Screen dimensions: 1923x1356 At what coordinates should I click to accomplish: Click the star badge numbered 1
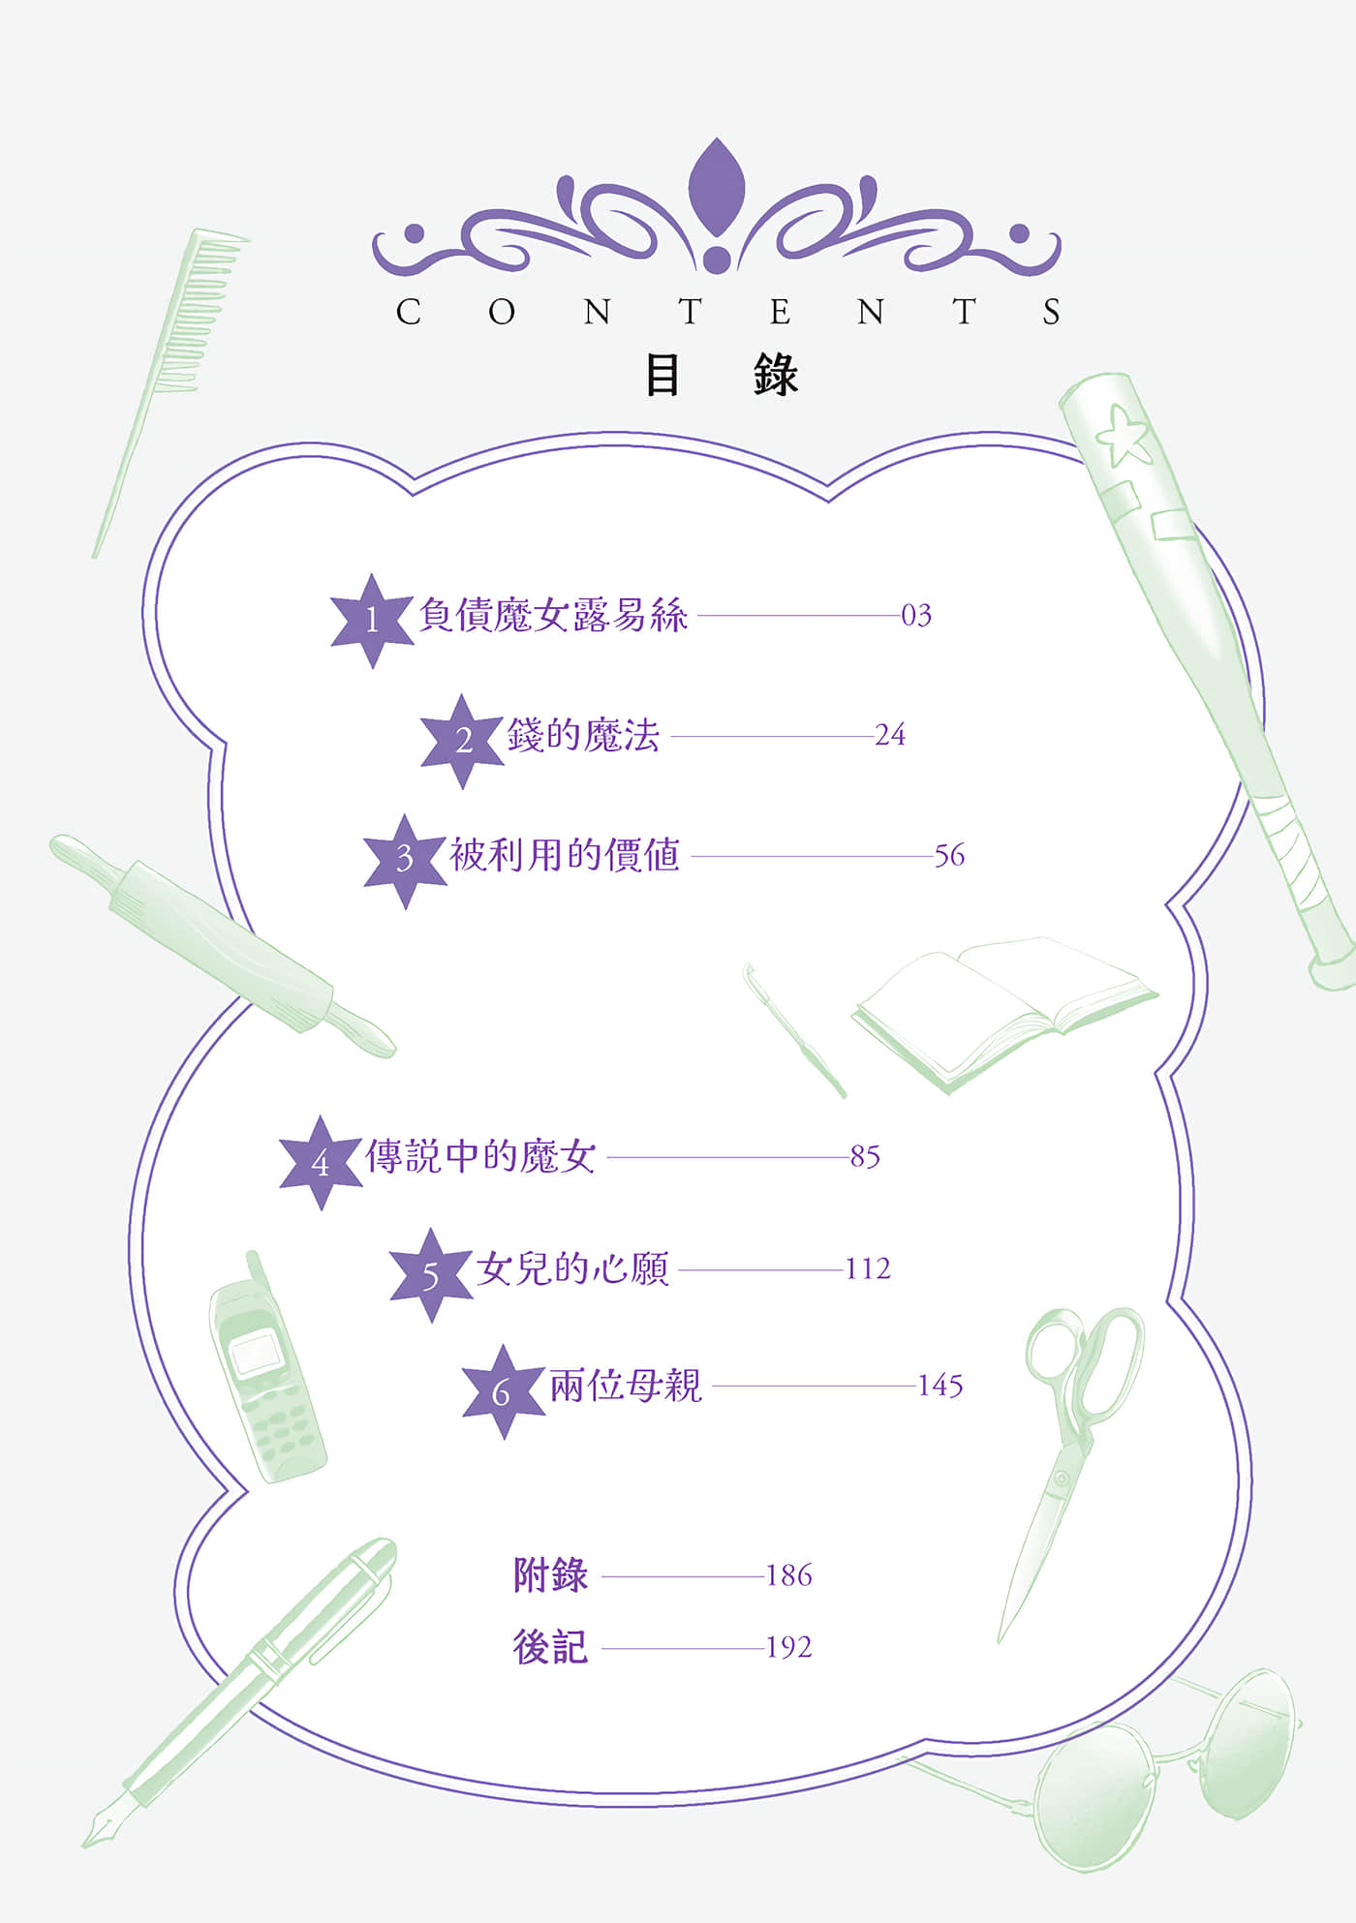(372, 620)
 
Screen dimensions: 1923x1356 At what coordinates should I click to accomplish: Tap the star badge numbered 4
(321, 1162)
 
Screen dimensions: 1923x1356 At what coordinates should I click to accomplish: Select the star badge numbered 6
(502, 1391)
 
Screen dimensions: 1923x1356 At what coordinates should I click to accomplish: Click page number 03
(916, 616)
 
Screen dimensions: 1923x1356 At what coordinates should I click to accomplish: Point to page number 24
(889, 736)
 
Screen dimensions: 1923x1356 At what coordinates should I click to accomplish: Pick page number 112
(867, 1268)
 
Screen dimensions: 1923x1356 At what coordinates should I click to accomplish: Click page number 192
(788, 1647)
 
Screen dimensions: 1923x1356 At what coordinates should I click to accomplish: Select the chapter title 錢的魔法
(583, 736)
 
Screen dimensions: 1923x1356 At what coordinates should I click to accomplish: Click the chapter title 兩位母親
(625, 1386)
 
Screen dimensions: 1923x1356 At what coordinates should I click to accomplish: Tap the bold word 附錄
(550, 1575)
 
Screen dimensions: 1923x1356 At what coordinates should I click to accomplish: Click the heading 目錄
(722, 376)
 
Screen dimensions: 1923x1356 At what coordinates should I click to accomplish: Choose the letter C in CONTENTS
(408, 312)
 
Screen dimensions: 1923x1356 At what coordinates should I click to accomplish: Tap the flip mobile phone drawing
(266, 1370)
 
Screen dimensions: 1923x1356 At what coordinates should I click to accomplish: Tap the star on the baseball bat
(1124, 436)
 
